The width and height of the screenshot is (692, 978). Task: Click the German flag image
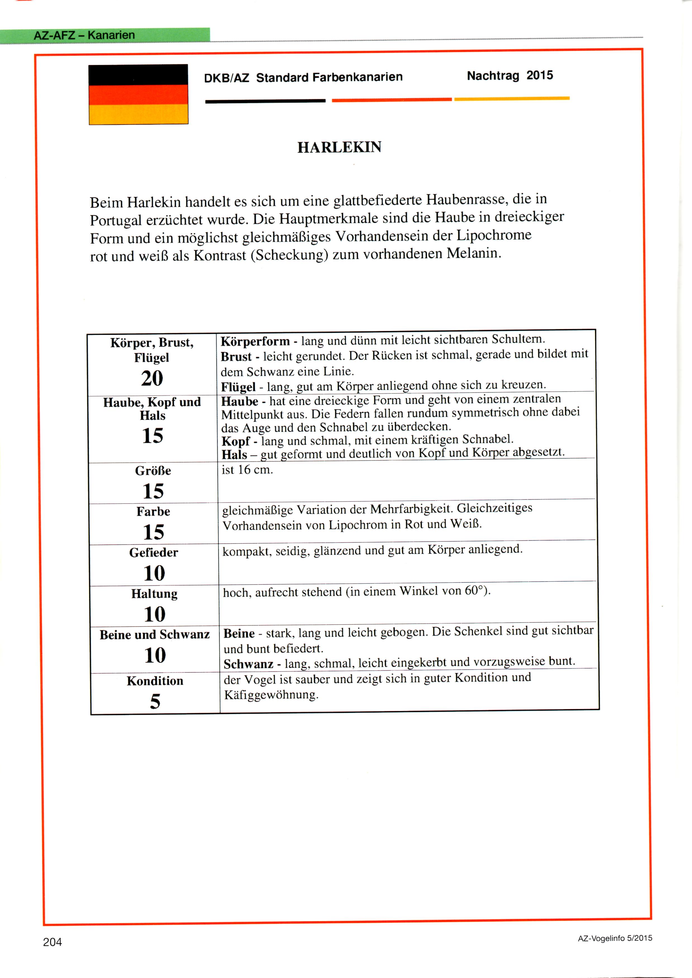click(x=139, y=95)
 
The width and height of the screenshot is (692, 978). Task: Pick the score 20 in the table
click(x=152, y=378)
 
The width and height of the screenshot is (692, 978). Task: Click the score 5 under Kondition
click(x=155, y=701)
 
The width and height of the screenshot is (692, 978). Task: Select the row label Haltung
click(x=154, y=594)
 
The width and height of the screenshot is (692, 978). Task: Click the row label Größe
click(x=153, y=471)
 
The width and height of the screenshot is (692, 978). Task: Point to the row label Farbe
click(x=153, y=511)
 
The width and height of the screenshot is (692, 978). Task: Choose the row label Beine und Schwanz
click(x=155, y=635)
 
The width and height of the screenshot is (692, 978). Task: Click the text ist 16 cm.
click(x=247, y=470)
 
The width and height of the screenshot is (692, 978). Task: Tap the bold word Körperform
click(x=255, y=341)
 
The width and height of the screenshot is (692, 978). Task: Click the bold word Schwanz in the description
click(x=248, y=664)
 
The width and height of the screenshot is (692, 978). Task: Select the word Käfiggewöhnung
click(x=271, y=695)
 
